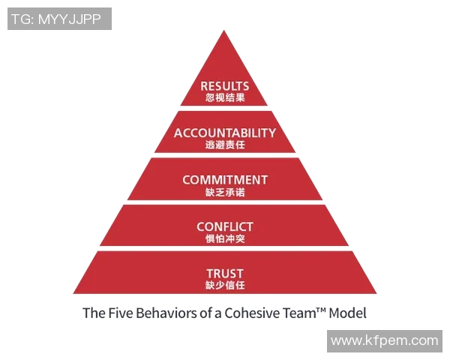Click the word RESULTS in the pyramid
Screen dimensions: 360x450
point(225,86)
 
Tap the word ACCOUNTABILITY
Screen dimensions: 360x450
point(225,133)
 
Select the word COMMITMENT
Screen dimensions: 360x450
point(225,180)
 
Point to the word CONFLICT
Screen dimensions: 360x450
point(225,226)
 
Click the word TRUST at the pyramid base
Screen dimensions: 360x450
point(225,273)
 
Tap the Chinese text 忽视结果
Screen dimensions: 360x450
point(225,98)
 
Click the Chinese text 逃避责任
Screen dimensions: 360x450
point(225,145)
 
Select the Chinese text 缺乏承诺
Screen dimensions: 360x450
point(225,192)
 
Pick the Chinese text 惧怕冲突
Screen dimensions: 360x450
point(225,238)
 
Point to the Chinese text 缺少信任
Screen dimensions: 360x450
point(225,285)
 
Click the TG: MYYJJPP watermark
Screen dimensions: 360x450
point(60,19)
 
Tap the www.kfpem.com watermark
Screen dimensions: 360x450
point(384,340)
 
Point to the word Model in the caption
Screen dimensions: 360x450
point(347,313)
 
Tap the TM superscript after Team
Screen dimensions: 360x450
point(318,308)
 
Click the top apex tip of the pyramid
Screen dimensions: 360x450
point(225,31)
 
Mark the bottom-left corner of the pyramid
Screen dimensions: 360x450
point(73,293)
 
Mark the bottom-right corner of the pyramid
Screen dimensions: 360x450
point(376,293)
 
